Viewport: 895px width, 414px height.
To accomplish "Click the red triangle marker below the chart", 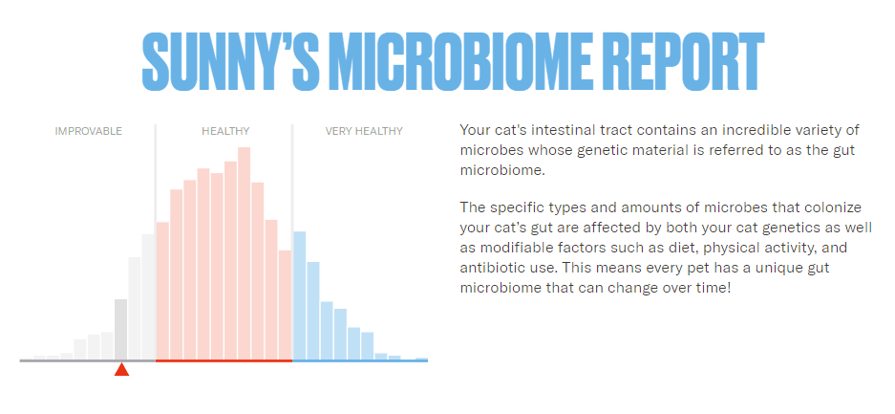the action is [121, 370].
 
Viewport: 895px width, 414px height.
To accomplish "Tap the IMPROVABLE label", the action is [89, 131].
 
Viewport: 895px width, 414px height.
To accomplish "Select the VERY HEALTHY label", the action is [364, 131].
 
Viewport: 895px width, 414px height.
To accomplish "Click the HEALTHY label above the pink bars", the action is [225, 131].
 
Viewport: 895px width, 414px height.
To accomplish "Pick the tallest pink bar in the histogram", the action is [245, 253].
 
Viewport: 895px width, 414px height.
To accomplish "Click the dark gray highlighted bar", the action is [121, 330].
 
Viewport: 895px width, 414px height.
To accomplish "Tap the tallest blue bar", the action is [299, 295].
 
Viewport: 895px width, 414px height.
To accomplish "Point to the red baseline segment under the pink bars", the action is [224, 360].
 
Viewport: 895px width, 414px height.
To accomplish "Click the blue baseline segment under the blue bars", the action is [360, 360].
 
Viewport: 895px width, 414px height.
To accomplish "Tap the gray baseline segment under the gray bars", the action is [87, 360].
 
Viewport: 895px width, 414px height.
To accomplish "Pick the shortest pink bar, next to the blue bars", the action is [286, 305].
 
